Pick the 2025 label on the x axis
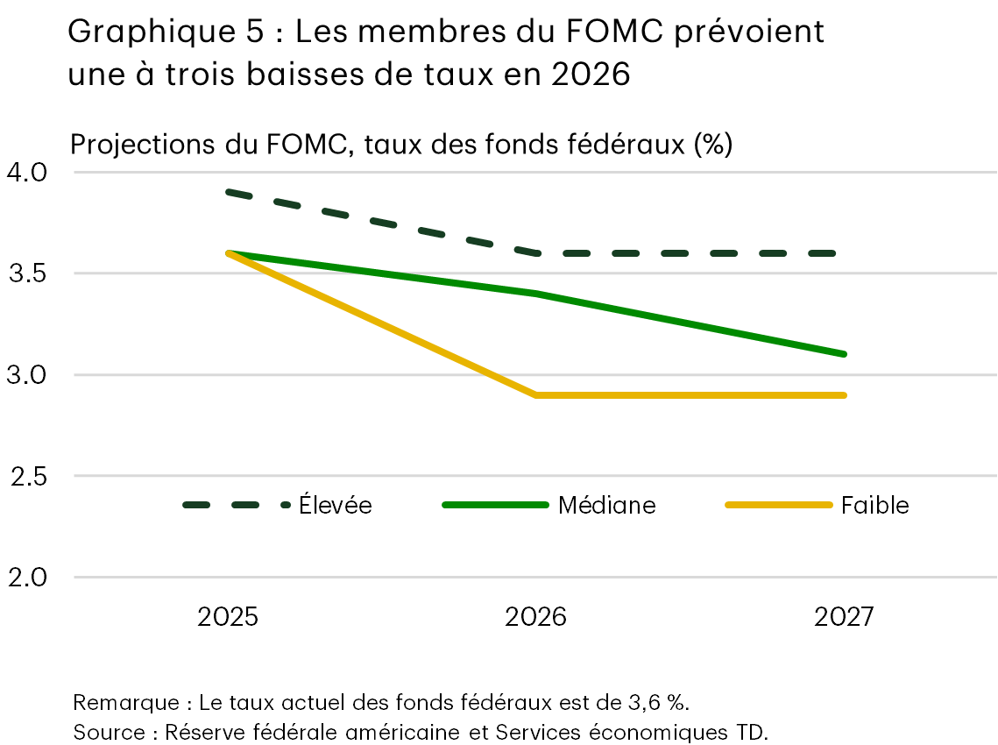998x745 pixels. [228, 617]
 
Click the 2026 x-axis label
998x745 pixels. [536, 617]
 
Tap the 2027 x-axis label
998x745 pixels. [844, 617]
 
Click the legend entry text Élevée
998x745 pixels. [335, 505]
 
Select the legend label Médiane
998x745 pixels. [606, 505]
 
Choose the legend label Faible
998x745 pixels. [874, 505]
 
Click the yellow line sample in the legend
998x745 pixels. [778, 505]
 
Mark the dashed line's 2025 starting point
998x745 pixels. [228, 192]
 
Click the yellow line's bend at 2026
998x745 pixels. [536, 395]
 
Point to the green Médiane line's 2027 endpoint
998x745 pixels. [844, 354]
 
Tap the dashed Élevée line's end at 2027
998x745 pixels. [844, 253]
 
